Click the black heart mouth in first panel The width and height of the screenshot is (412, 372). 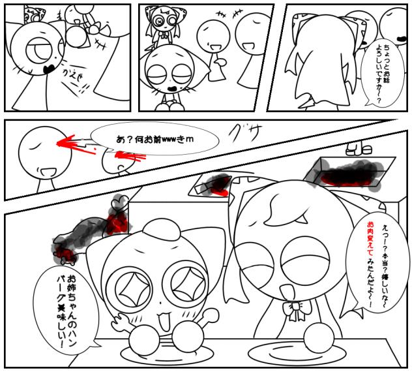(46, 67)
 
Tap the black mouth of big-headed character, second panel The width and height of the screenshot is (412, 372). (170, 87)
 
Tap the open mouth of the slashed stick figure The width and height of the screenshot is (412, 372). (47, 172)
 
